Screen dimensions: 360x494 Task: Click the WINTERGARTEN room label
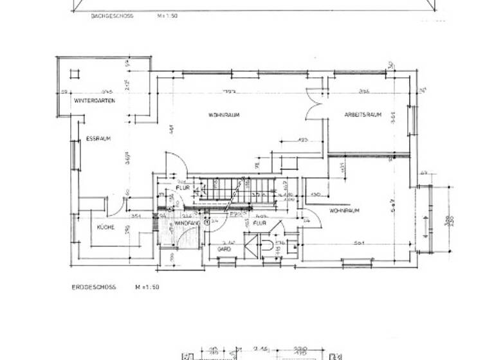click(x=94, y=102)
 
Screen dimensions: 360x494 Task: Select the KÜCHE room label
click(x=105, y=228)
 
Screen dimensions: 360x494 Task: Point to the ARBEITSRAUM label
click(x=363, y=115)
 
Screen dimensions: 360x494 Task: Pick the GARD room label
click(x=224, y=248)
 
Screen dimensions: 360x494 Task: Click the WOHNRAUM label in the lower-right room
click(x=344, y=211)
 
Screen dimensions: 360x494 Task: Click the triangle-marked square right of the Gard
click(x=293, y=244)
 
